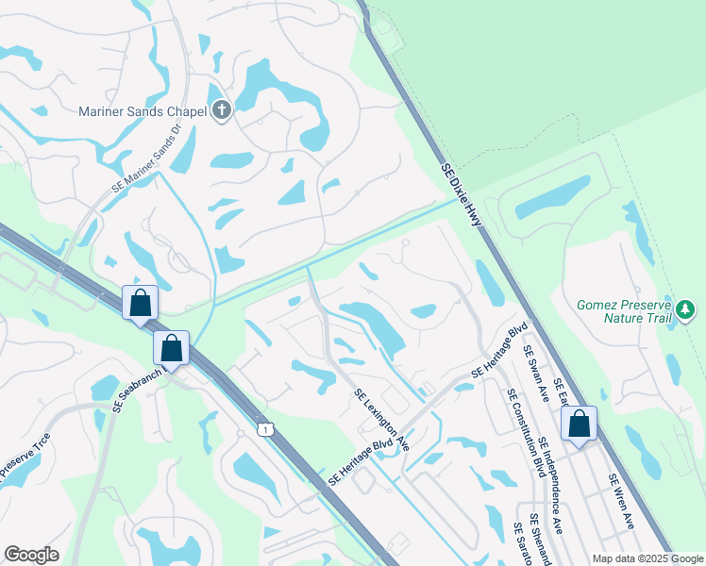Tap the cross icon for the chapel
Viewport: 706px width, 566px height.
coord(221,111)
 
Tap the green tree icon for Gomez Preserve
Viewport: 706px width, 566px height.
coord(686,308)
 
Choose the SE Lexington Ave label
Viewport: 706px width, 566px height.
coord(381,420)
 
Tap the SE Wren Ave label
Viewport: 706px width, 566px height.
coord(622,501)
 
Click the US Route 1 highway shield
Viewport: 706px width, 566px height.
coord(267,430)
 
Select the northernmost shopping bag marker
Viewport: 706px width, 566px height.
coord(140,303)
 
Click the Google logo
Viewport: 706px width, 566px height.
coord(31,555)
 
